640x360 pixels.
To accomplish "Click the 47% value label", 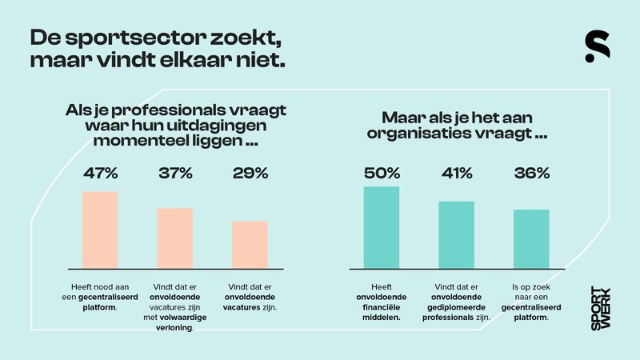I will pyautogui.click(x=100, y=173).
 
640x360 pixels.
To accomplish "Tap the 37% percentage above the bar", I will pyautogui.click(x=175, y=173).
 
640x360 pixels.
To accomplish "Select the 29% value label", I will pyautogui.click(x=250, y=173).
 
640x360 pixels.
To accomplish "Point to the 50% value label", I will pyautogui.click(x=381, y=173).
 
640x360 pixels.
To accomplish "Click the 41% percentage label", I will pyautogui.click(x=456, y=173).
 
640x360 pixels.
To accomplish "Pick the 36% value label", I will pyautogui.click(x=531, y=173).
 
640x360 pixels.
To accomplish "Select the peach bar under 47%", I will pyautogui.click(x=100, y=230).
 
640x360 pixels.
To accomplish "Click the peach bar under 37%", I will pyautogui.click(x=175, y=238).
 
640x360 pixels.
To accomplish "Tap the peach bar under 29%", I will pyautogui.click(x=250, y=244).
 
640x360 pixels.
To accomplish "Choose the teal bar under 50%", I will pyautogui.click(x=381, y=227).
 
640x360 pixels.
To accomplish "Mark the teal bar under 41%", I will pyautogui.click(x=456, y=234).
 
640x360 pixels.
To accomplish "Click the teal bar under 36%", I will pyautogui.click(x=531, y=238).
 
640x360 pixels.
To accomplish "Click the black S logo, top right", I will pyautogui.click(x=597, y=47).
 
